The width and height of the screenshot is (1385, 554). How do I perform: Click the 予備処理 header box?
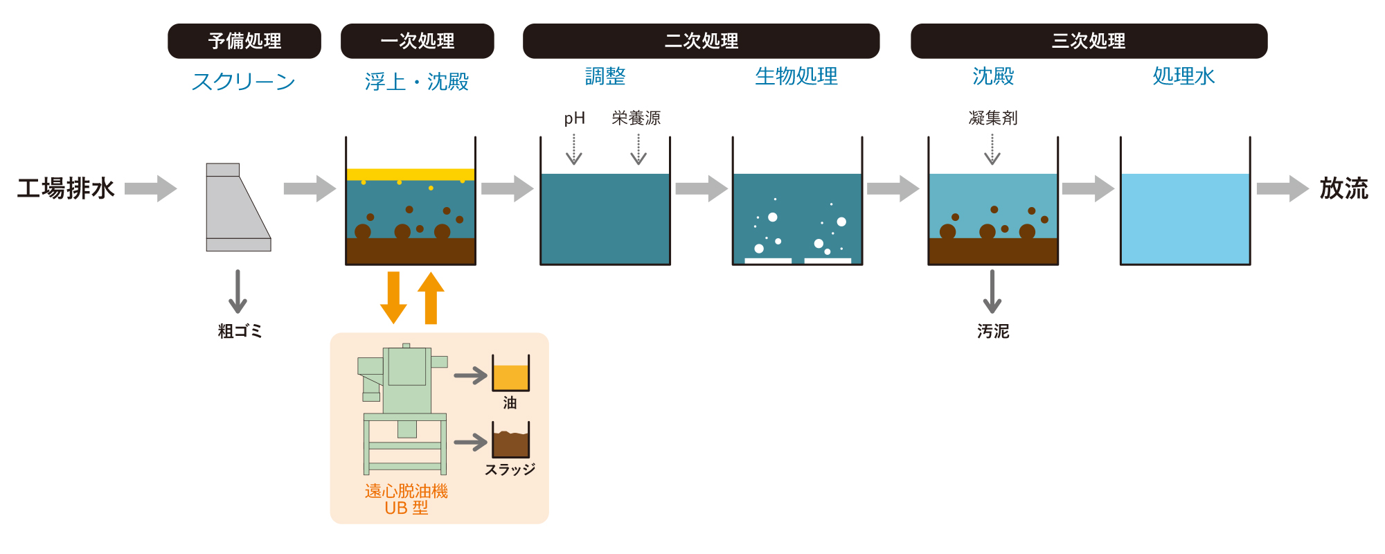[x=244, y=41]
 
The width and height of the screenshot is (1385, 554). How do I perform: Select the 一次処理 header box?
[x=417, y=41]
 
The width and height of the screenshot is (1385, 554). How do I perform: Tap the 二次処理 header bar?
[x=701, y=41]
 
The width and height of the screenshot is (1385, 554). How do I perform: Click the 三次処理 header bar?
[x=1089, y=41]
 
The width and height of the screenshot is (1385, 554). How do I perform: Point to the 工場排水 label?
[x=66, y=188]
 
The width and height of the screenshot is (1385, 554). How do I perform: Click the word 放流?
[x=1343, y=188]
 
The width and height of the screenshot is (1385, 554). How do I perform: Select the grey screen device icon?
[x=238, y=207]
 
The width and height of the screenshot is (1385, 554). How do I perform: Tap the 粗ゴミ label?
[x=240, y=331]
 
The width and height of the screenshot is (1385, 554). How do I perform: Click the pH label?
[x=574, y=118]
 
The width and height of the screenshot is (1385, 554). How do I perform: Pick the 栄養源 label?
[x=636, y=118]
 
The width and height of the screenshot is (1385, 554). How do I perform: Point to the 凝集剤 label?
[x=992, y=118]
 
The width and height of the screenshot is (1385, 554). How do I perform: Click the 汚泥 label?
[x=992, y=332]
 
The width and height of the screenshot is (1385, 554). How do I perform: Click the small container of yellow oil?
[x=510, y=375]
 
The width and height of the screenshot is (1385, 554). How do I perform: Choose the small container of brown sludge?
[x=510, y=441]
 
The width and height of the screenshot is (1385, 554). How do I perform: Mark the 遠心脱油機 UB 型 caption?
[x=406, y=499]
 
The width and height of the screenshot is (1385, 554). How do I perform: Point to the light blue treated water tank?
[x=1185, y=218]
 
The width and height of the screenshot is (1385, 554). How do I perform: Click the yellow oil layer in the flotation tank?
[x=410, y=175]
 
